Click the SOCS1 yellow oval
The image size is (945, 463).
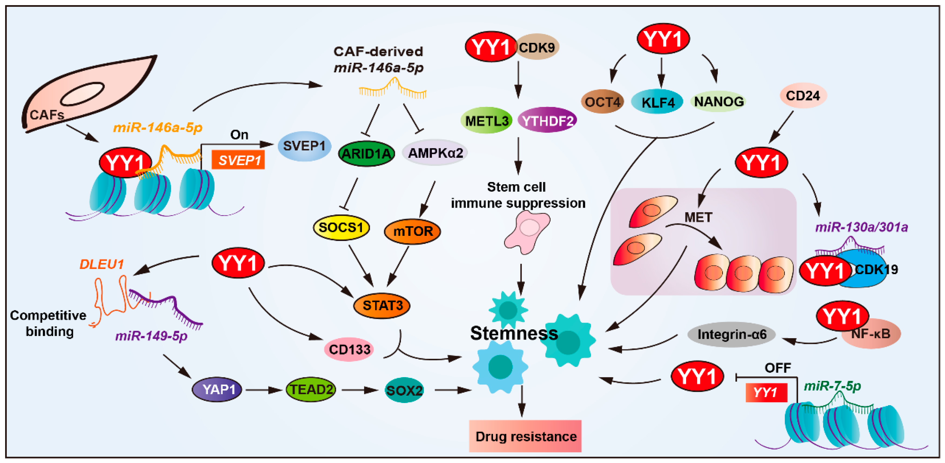click(x=341, y=227)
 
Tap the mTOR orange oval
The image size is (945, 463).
click(x=412, y=231)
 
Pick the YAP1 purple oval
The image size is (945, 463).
click(x=217, y=389)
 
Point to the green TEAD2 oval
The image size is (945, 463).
click(x=311, y=389)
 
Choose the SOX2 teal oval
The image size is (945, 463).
click(x=404, y=390)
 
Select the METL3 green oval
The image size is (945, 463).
click(x=487, y=120)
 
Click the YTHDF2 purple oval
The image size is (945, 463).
click(x=547, y=120)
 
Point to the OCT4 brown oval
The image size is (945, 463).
click(x=602, y=102)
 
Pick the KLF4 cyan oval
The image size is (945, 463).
click(x=657, y=102)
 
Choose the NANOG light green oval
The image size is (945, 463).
click(x=718, y=102)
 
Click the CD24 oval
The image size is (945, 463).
click(x=802, y=96)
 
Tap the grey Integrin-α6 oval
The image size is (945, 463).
click(x=732, y=334)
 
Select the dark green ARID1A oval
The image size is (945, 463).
click(x=366, y=154)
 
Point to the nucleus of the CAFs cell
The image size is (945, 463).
click(x=83, y=94)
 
